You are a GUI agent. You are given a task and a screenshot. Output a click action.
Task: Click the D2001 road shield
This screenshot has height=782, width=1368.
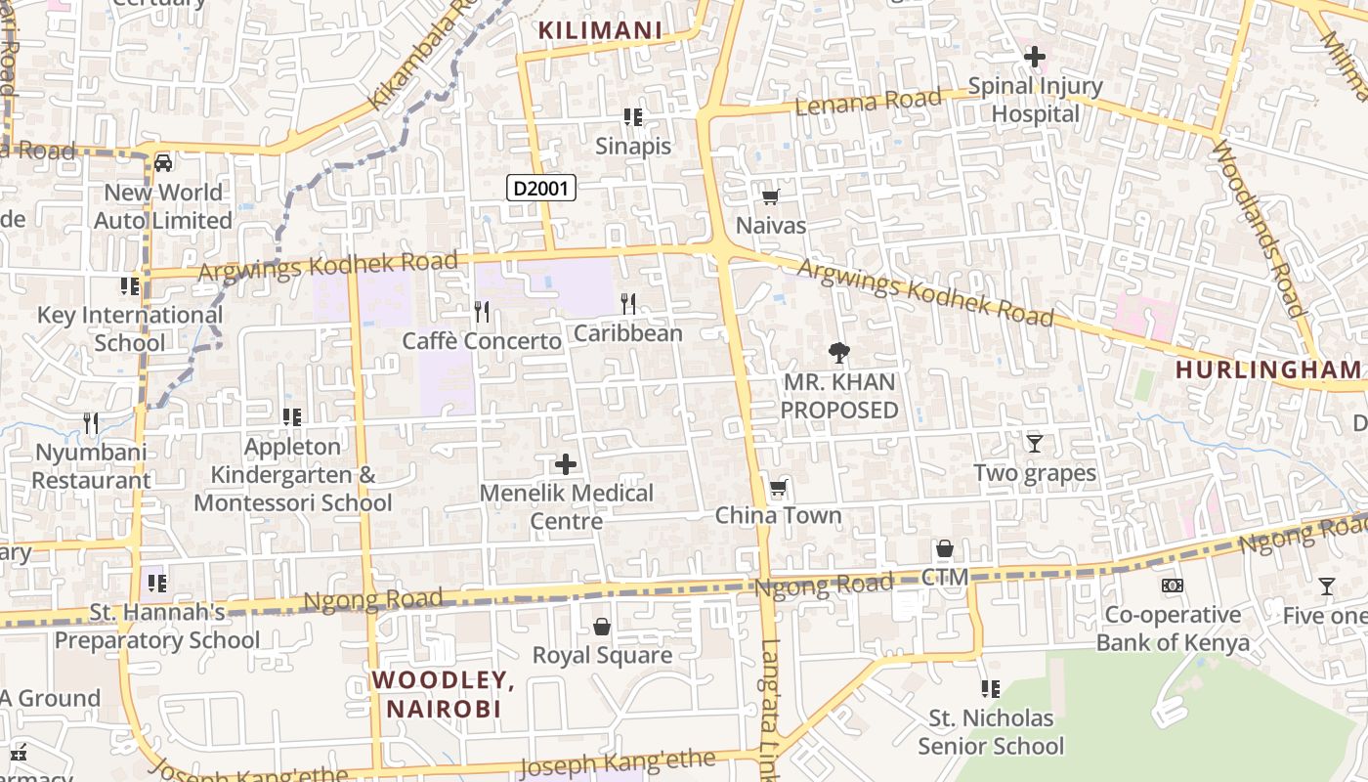541,188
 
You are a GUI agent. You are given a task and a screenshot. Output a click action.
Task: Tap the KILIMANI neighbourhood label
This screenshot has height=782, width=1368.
601,30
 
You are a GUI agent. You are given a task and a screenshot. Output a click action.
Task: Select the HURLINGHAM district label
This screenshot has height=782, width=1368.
1267,369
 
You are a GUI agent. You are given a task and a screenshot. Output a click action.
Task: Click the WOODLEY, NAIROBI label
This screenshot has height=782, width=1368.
444,694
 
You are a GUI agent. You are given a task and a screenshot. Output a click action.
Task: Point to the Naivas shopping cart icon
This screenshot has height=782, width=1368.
770,197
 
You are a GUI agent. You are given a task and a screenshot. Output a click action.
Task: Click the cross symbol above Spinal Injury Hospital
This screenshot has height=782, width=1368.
1035,57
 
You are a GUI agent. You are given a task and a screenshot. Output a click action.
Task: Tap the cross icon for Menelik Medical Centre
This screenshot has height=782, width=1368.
566,464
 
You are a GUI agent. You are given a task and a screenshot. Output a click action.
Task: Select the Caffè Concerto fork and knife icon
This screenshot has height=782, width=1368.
482,312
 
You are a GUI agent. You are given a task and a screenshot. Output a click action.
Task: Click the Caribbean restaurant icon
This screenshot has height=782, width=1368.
628,304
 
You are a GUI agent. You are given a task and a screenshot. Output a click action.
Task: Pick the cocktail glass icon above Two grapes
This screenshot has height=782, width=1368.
1035,444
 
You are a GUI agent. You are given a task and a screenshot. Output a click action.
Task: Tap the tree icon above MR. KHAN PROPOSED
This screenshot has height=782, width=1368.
838,353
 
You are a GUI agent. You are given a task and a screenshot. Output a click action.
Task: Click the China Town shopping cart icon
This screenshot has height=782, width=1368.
778,487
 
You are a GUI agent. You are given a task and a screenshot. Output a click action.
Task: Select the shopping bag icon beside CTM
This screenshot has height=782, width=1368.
945,549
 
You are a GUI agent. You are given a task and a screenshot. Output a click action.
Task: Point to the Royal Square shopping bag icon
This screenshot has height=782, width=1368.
602,627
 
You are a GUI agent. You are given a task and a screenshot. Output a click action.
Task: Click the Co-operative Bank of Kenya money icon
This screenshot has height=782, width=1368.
1173,586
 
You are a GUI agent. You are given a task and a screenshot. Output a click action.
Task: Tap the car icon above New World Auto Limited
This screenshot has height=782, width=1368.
163,162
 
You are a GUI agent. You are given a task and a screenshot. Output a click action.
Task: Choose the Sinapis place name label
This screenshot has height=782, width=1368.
633,146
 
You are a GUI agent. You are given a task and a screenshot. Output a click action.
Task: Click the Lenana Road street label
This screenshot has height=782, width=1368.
869,101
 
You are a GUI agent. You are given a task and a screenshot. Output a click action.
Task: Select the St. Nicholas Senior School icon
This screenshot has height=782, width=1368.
991,689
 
